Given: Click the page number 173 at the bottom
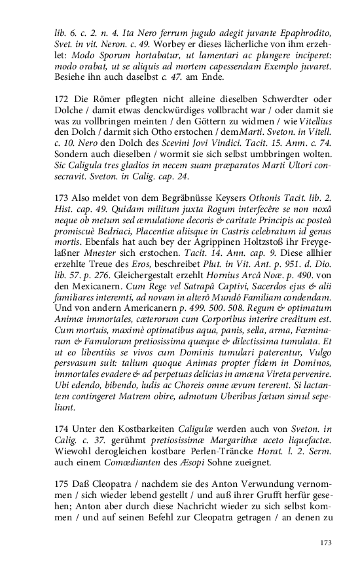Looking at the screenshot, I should pyautogui.click(x=325, y=543).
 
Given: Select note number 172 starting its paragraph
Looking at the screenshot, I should pyautogui.click(x=62, y=99).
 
